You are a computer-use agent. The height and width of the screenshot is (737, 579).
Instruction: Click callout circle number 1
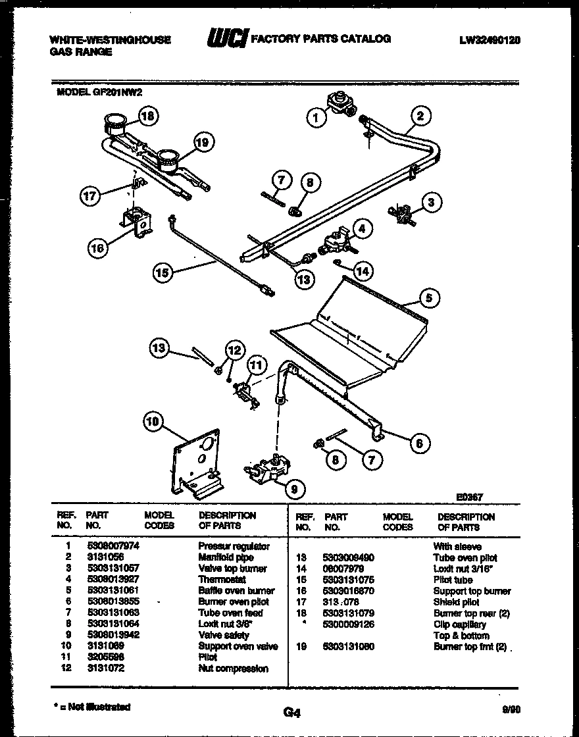[x=316, y=118]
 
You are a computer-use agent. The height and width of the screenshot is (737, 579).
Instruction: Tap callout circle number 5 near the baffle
[x=428, y=298]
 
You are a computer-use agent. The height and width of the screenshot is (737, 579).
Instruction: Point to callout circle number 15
[x=163, y=272]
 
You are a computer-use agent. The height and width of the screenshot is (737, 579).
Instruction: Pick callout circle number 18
[x=149, y=116]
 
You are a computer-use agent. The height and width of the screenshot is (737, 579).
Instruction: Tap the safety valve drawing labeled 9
[x=265, y=471]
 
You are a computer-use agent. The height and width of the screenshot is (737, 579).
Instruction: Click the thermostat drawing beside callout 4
[x=334, y=242]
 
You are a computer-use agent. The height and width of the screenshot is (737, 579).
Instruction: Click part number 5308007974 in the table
[x=113, y=546]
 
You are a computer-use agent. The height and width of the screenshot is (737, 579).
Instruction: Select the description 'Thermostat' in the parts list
[x=222, y=579]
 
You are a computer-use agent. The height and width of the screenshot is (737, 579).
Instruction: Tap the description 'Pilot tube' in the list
[x=452, y=580]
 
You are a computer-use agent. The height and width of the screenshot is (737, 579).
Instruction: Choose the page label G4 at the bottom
[x=291, y=711]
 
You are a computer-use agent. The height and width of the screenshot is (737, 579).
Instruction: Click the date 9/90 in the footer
[x=510, y=709]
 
